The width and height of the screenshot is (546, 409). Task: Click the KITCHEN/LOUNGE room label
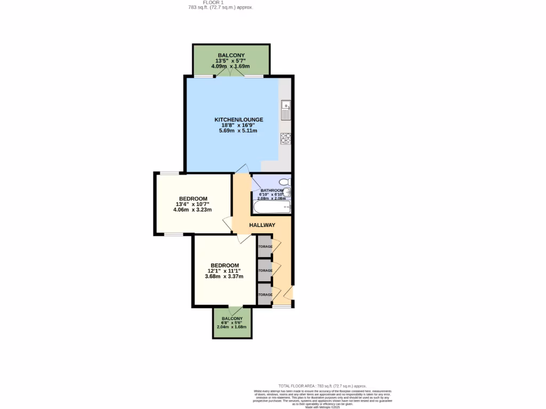[238, 119]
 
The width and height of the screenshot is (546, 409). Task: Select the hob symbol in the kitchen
[285, 138]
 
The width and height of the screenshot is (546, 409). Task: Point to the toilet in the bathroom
[285, 182]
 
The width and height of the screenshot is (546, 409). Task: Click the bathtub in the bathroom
[271, 207]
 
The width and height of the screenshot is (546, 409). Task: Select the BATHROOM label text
[271, 190]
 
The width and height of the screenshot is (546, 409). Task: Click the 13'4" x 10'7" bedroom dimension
[192, 204]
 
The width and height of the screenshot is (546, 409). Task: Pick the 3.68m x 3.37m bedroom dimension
[224, 276]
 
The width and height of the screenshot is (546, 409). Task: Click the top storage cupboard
[264, 246]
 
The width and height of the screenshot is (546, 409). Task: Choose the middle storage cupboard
[264, 271]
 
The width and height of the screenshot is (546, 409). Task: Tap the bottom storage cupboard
[264, 295]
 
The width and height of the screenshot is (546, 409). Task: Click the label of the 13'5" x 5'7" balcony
[231, 55]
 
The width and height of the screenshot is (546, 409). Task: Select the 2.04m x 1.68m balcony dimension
[232, 327]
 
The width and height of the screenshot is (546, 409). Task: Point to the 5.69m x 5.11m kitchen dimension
[238, 131]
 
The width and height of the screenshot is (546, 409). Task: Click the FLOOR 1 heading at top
[213, 3]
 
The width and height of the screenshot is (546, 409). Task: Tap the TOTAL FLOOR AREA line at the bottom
[323, 386]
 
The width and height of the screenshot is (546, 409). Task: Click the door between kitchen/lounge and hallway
[242, 169]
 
